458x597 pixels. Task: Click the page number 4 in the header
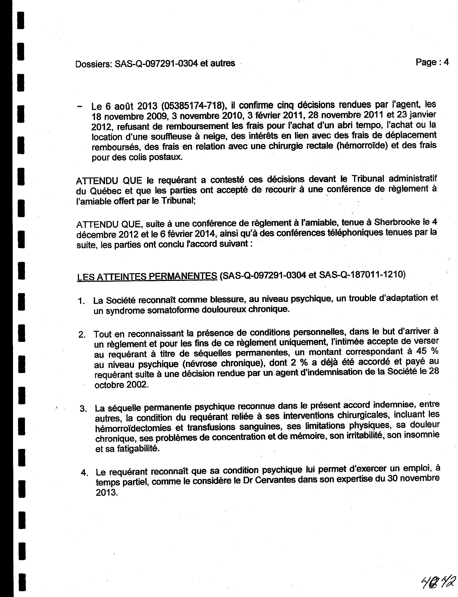point(446,62)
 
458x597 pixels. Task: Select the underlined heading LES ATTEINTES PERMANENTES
point(147,276)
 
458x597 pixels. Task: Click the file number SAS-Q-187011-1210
point(362,275)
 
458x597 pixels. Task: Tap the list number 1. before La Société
point(81,301)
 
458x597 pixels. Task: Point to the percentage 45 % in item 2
point(427,351)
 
